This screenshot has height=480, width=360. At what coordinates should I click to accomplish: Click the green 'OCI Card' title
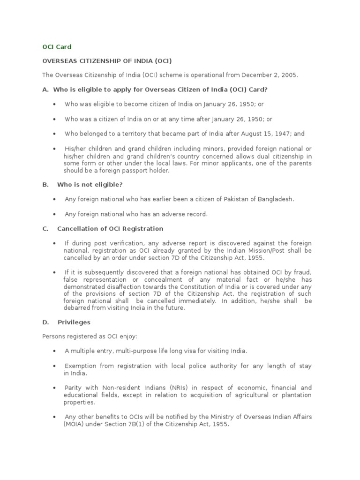(57, 47)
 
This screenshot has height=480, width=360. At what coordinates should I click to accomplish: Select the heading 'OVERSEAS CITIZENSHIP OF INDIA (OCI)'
(107, 61)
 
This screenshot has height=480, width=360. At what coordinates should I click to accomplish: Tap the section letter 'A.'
(45, 89)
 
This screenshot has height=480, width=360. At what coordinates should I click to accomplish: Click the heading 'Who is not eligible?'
(90, 185)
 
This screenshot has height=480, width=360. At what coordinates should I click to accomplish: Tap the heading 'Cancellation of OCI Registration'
(110, 229)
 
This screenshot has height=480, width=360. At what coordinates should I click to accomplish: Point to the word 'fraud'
(302, 272)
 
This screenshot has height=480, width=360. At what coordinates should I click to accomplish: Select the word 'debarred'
(76, 308)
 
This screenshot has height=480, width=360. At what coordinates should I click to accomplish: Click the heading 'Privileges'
(74, 322)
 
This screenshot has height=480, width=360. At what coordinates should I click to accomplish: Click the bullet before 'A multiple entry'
(55, 352)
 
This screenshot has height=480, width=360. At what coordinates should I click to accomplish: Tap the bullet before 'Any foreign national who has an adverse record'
(55, 215)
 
